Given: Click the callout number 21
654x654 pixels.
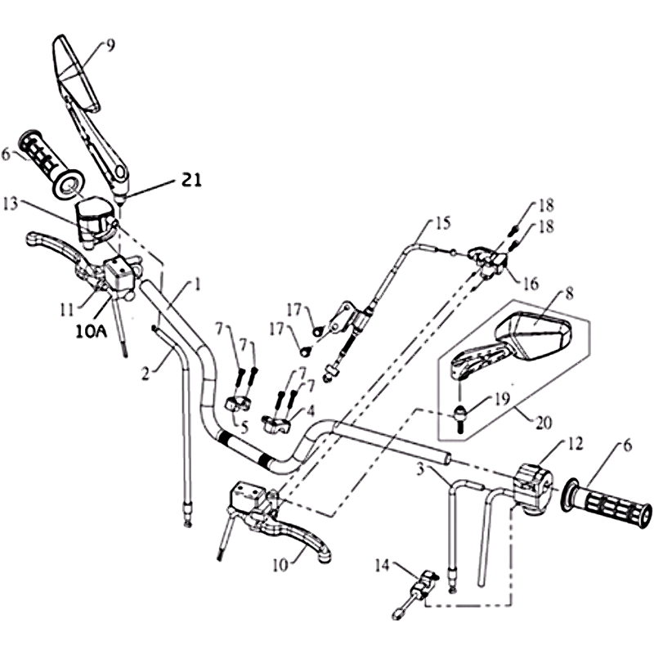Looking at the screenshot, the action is click(x=191, y=181).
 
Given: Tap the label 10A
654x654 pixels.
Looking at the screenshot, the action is click(x=91, y=332).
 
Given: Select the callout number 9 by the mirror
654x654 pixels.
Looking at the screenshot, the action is click(x=110, y=46).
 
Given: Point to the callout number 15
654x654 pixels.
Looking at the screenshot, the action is click(x=443, y=223).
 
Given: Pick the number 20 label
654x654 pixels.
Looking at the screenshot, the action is click(x=543, y=423).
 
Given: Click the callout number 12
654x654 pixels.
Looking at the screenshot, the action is click(x=575, y=444).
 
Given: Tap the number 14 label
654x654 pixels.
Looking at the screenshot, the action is click(x=382, y=566).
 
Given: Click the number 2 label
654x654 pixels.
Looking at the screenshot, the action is click(x=146, y=374).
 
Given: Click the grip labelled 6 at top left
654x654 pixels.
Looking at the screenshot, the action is click(x=52, y=164).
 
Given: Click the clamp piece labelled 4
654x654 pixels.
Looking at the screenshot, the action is click(x=275, y=423).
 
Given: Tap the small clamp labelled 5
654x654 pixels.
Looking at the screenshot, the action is click(x=237, y=403).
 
